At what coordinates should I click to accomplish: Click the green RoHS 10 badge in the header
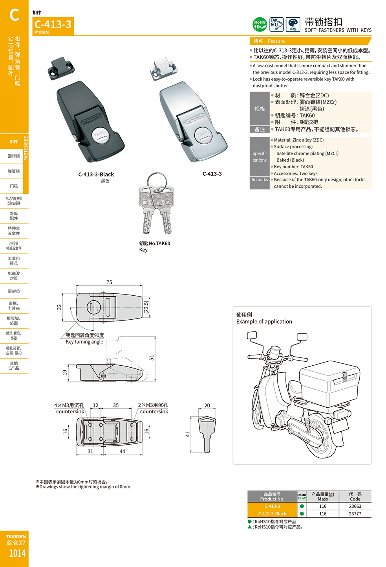(260, 24)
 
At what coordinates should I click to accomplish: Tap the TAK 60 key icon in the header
(276, 24)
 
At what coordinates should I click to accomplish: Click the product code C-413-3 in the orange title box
(53, 24)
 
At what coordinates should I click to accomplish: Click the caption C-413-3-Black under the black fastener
(96, 174)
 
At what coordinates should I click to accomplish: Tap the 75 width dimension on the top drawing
(109, 282)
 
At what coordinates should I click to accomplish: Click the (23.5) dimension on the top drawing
(146, 307)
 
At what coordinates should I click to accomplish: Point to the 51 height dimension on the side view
(152, 357)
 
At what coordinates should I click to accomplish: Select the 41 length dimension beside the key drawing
(188, 434)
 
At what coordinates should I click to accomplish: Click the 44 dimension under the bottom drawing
(122, 451)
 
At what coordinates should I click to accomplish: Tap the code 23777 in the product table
(355, 514)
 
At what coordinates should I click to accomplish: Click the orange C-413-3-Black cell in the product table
(272, 514)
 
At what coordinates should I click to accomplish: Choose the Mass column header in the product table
(322, 497)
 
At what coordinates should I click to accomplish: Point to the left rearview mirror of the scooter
(252, 335)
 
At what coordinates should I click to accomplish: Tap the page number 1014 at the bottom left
(17, 553)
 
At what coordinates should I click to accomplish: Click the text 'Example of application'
(264, 322)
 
